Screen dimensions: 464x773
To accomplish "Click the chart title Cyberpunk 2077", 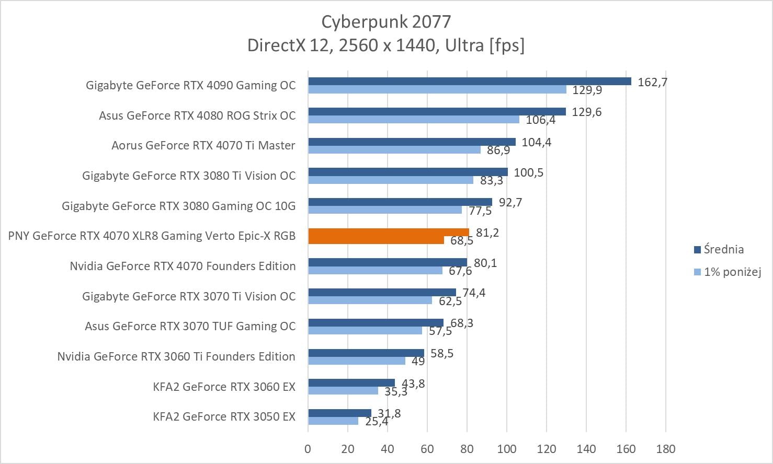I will tap(386, 21).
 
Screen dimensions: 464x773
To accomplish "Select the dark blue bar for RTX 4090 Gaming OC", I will tap(469, 81).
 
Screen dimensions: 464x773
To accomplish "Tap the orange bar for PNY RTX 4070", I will tap(388, 233).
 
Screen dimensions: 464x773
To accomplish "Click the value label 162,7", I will tap(652, 82).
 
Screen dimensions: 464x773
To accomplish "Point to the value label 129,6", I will tap(586, 112).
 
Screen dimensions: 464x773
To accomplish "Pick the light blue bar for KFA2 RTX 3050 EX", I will tap(333, 421).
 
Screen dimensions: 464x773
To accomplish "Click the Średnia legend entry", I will tap(723, 250).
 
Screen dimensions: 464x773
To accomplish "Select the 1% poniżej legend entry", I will tap(732, 272).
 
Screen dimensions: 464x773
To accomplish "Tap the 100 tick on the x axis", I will tap(506, 449).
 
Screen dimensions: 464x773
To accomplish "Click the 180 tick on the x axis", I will tap(665, 449).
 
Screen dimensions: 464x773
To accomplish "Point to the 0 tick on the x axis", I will tap(308, 449).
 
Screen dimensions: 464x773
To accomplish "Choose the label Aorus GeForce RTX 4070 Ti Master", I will tap(203, 146).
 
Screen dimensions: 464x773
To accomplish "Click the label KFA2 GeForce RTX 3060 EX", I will tap(224, 387).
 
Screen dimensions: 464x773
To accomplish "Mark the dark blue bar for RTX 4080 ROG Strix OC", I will tap(437, 111).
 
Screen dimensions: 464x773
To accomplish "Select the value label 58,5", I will tap(442, 354).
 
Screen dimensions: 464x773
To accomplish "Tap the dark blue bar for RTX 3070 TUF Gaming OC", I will tap(376, 322).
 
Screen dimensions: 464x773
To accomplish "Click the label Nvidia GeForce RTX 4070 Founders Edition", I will tap(183, 266).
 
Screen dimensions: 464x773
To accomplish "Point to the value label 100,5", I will tap(528, 172).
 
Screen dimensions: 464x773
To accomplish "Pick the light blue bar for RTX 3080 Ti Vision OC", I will tap(390, 180).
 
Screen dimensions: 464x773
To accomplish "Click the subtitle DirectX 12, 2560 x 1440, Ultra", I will tap(386, 46).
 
